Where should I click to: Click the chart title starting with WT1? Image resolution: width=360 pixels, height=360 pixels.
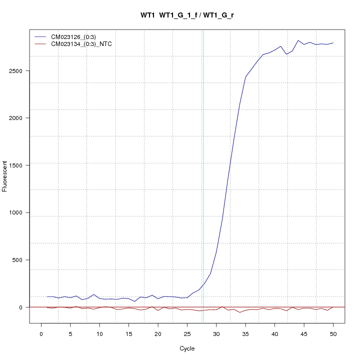click(x=187, y=15)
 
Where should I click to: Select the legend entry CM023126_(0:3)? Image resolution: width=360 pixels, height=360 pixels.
click(x=77, y=37)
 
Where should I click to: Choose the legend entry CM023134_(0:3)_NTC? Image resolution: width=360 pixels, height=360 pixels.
click(x=85, y=44)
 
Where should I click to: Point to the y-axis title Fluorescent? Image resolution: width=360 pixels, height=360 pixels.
click(x=5, y=176)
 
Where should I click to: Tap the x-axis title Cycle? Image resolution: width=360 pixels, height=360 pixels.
click(x=187, y=348)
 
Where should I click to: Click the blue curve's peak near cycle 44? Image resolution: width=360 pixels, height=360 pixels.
click(x=298, y=40)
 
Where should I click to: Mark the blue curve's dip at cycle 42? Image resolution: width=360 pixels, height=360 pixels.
click(x=286, y=54)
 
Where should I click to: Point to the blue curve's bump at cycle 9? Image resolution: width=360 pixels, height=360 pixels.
click(x=93, y=294)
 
